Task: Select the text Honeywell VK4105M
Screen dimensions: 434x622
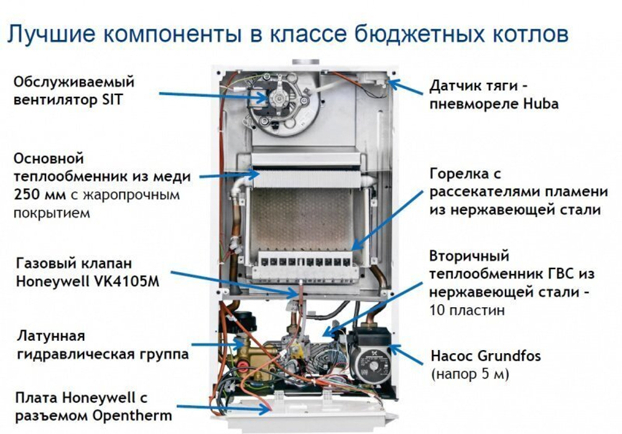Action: click(x=86, y=280)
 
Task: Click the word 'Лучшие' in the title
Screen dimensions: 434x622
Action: click(x=45, y=34)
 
